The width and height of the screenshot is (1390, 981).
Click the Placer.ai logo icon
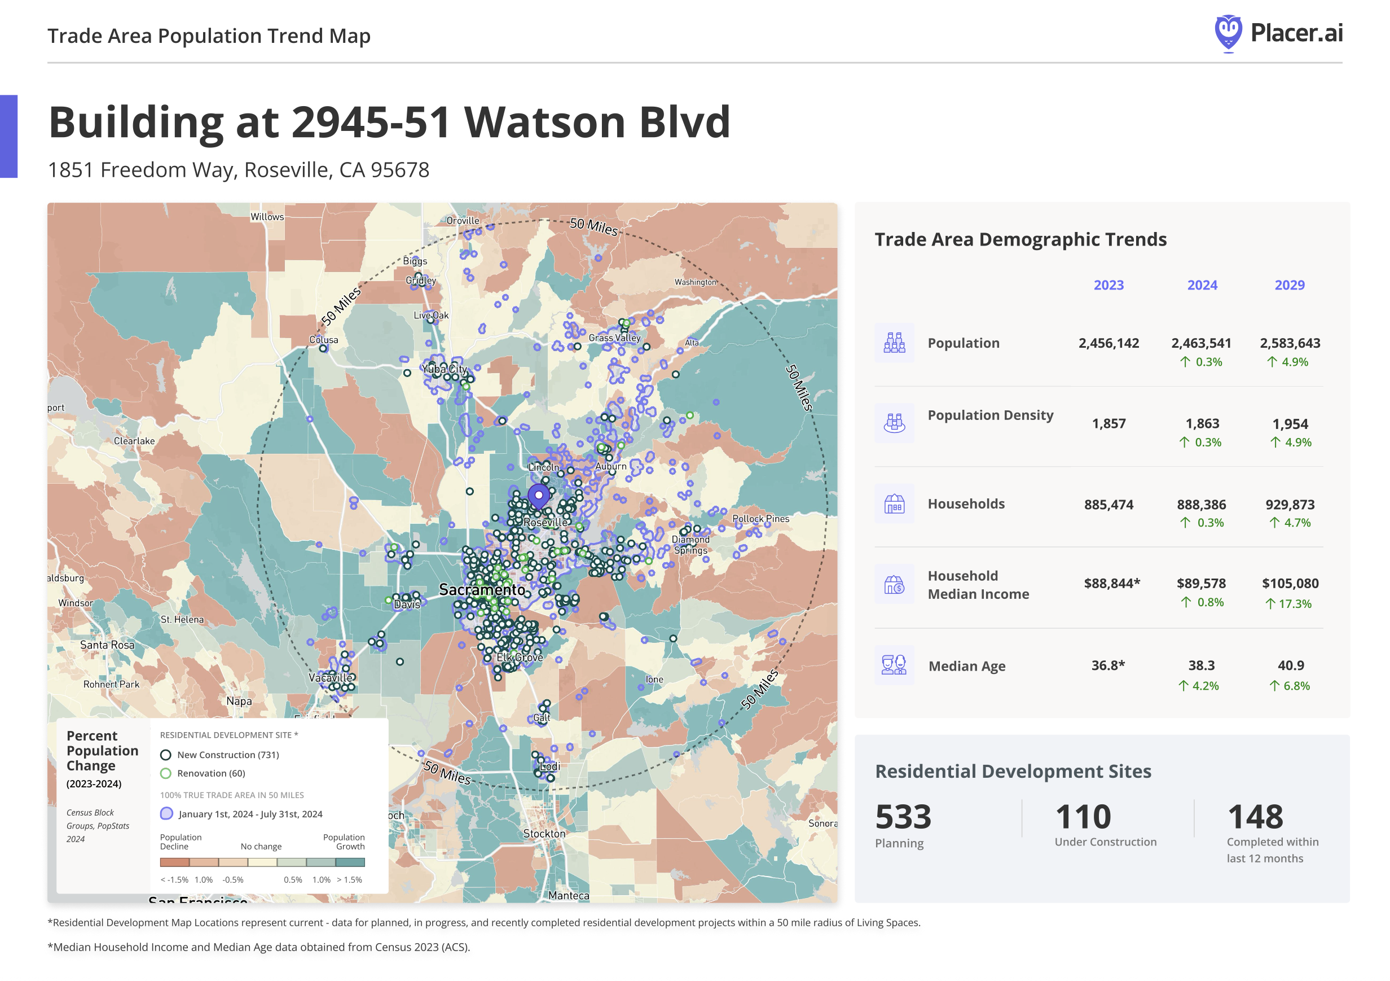[x=1228, y=33]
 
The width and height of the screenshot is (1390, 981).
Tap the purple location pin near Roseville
[x=538, y=496]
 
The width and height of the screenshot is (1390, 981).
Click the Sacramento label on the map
[x=482, y=590]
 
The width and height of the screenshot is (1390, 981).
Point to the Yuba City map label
[x=445, y=369]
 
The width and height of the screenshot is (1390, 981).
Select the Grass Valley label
[x=614, y=338]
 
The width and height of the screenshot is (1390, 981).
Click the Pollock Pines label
[x=760, y=519]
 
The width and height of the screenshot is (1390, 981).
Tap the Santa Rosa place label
[x=107, y=645]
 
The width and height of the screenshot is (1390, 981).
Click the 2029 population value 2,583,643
[x=1290, y=343]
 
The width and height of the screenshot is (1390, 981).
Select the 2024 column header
[x=1202, y=285]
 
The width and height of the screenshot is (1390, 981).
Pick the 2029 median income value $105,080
[x=1290, y=584]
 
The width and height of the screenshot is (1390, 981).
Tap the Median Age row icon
[x=894, y=665]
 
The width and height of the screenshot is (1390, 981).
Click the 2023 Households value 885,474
[x=1109, y=505]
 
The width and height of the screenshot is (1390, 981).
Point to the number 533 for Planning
[x=903, y=817]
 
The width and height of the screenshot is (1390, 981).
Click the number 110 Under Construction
[x=1083, y=817]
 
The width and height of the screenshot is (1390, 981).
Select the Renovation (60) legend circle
[x=165, y=774]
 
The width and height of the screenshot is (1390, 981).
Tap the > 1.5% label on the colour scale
[x=349, y=880]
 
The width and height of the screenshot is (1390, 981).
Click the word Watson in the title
[x=544, y=123]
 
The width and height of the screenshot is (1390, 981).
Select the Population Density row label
[x=991, y=415]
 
